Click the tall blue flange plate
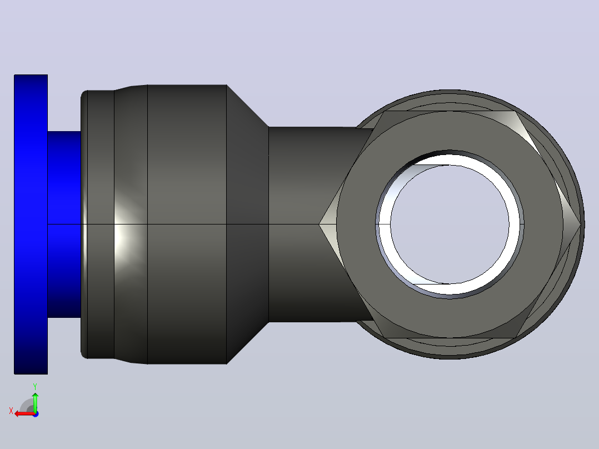pos(31,225)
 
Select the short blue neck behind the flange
pos(64,225)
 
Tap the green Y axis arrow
pos(35,401)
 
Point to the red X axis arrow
pos(24,413)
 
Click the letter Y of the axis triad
pos(35,386)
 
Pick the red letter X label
pos(11,411)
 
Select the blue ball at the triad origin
pos(36,414)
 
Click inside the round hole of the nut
pos(450,225)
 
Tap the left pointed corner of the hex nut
pos(320,225)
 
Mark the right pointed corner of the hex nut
pos(580,225)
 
